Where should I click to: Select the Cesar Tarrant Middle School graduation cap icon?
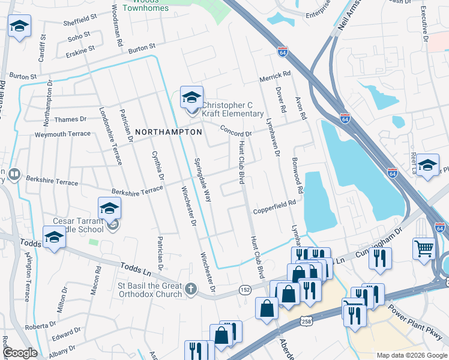pyautogui.click(x=110, y=210)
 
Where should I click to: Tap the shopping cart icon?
pyautogui.click(x=424, y=247)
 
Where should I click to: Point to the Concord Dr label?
pyautogui.click(x=235, y=130)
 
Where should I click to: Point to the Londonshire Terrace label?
pyautogui.click(x=110, y=136)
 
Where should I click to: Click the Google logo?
pyautogui.click(x=20, y=353)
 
